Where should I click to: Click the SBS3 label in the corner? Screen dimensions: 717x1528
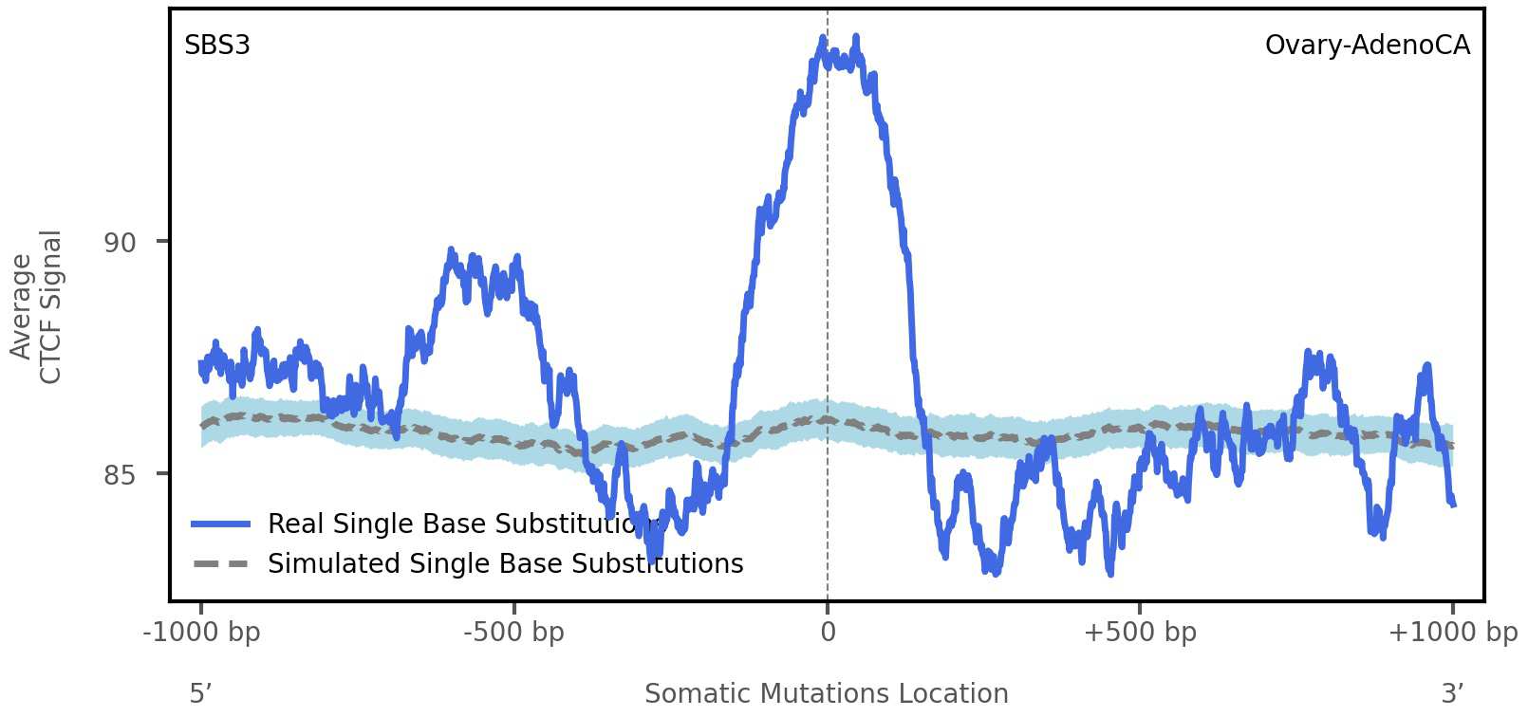217,46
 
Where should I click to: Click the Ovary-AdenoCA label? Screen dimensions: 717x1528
1367,46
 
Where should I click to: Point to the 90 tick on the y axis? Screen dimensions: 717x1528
121,243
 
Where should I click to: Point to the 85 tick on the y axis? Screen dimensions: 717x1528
121,475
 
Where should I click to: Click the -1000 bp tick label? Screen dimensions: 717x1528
201,633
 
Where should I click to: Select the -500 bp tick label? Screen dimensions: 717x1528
513,633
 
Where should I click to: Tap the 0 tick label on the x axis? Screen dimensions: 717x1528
828,633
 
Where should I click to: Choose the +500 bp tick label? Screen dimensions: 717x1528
1140,633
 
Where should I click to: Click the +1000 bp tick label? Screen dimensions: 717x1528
1452,633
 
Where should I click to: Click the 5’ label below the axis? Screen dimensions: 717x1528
200,694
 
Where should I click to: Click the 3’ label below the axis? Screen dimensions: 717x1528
1452,694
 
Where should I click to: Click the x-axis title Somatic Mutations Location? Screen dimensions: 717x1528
826,694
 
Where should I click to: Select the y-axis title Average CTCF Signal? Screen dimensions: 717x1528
36,306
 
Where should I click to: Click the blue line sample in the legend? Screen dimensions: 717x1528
220,524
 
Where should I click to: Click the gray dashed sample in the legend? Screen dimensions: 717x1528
220,564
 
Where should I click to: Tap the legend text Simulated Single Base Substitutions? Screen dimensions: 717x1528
505,564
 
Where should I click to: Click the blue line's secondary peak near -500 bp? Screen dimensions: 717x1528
452,252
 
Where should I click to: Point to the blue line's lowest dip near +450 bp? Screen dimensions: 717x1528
1109,571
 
